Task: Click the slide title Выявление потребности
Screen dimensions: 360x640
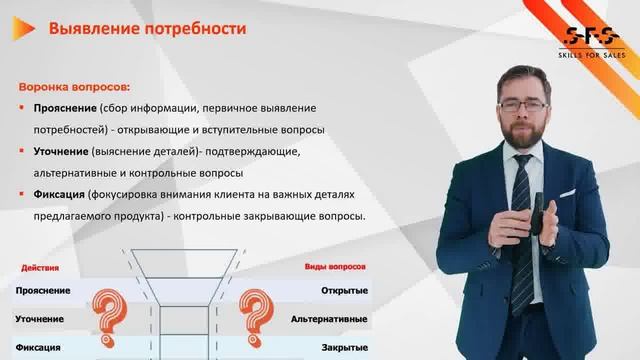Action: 147,29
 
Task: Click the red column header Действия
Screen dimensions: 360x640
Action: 38,268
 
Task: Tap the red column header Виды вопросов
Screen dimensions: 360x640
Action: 335,268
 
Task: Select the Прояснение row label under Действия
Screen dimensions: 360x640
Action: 43,291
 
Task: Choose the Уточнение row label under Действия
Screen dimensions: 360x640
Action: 41,319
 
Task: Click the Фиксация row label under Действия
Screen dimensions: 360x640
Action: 39,347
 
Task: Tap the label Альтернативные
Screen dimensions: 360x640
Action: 329,319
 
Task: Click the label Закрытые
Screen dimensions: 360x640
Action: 344,347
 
